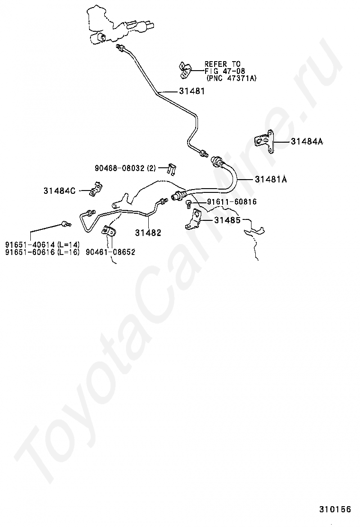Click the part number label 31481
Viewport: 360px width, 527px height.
click(192, 91)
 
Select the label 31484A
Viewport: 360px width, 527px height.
click(307, 141)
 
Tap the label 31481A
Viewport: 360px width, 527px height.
click(271, 180)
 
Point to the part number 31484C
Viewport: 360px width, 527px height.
click(59, 191)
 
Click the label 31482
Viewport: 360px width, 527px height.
click(148, 233)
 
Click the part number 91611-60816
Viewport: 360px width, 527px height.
click(232, 202)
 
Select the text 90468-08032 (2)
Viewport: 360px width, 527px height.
click(125, 168)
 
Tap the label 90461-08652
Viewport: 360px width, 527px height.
click(110, 252)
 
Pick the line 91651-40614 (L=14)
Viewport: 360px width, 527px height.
click(42, 245)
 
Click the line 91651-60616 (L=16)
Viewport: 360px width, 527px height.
click(42, 252)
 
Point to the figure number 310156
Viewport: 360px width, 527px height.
click(335, 510)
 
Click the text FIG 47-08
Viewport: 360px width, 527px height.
click(225, 71)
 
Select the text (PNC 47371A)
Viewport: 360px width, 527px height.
click(232, 78)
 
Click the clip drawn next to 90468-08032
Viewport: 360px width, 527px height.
click(172, 168)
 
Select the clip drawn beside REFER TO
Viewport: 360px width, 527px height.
click(184, 70)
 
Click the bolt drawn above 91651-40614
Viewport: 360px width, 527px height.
click(65, 223)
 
